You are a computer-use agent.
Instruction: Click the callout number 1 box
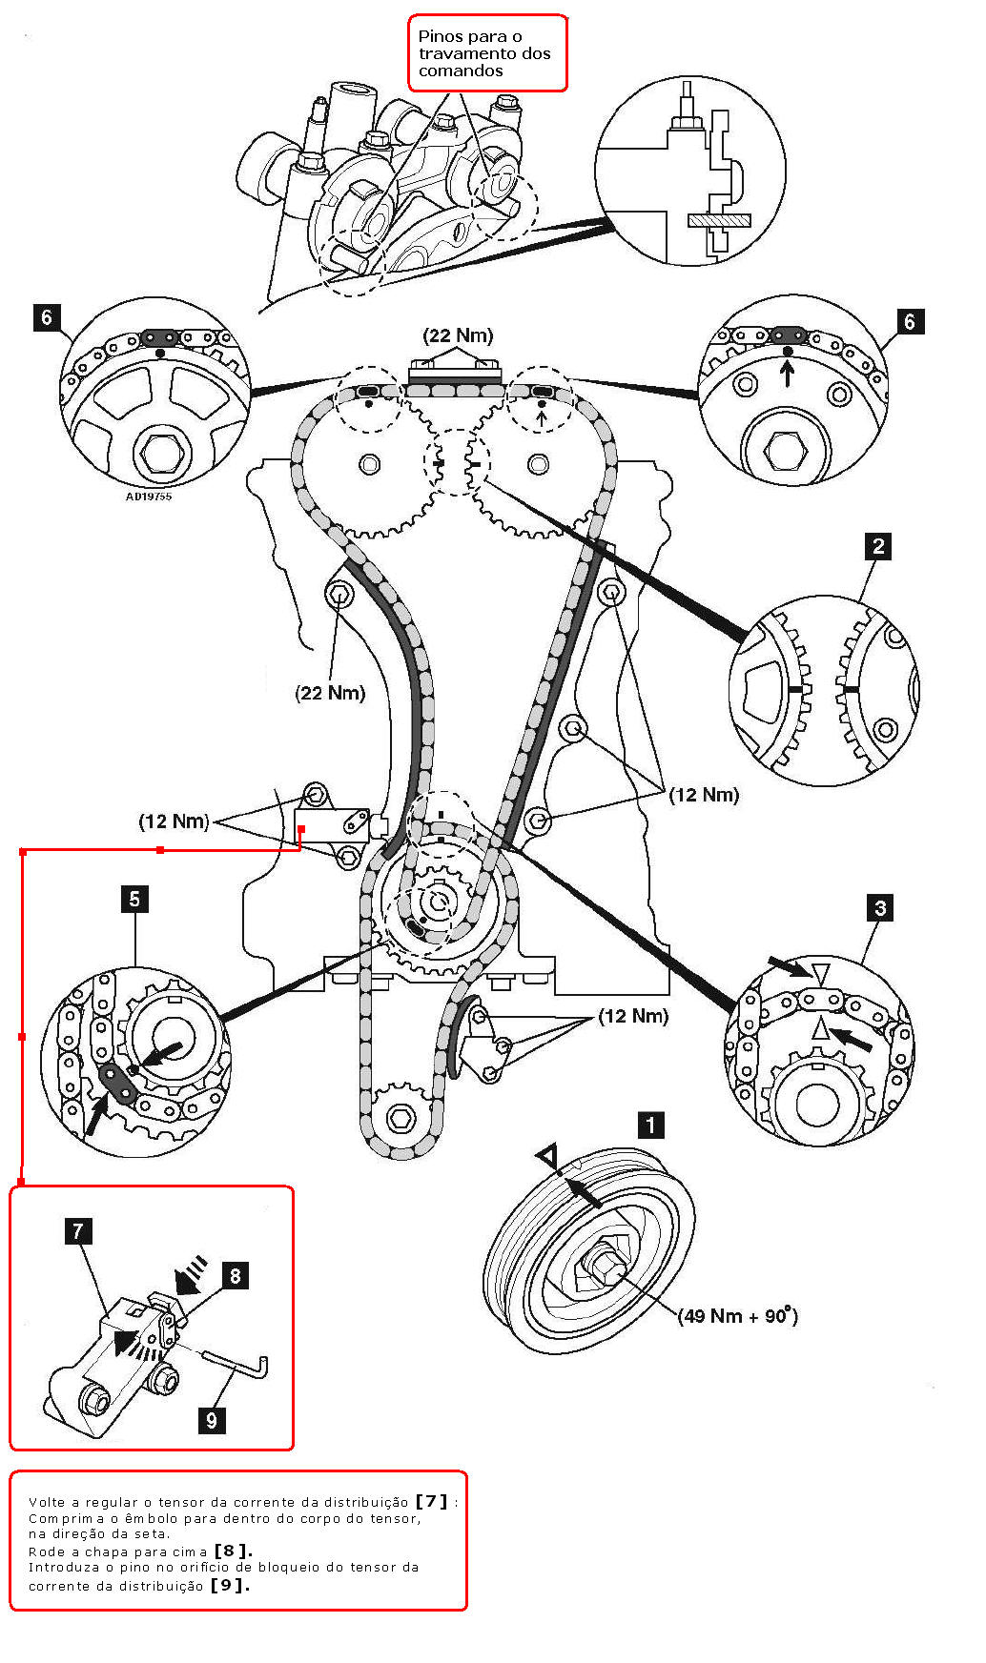pyautogui.click(x=650, y=1126)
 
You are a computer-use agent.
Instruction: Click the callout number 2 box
pyautogui.click(x=878, y=546)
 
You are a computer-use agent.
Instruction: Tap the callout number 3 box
pyautogui.click(x=880, y=908)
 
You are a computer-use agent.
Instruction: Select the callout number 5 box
pyautogui.click(x=134, y=899)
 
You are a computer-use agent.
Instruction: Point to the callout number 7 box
pyautogui.click(x=78, y=1231)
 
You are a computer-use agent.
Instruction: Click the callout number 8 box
pyautogui.click(x=235, y=1276)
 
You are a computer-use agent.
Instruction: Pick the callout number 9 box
pyautogui.click(x=212, y=1420)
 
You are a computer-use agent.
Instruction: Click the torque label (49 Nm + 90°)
pyautogui.click(x=737, y=1316)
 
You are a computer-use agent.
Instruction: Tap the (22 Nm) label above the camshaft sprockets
pyautogui.click(x=458, y=335)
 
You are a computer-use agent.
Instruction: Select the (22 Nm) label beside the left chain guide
pyautogui.click(x=330, y=693)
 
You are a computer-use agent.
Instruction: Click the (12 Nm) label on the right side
pyautogui.click(x=704, y=795)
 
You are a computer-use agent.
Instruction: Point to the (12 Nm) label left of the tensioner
pyautogui.click(x=174, y=821)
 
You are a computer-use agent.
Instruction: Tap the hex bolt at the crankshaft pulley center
pyautogui.click(x=604, y=1266)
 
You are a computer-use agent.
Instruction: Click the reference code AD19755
pyautogui.click(x=149, y=496)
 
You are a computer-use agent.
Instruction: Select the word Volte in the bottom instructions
pyautogui.click(x=48, y=1502)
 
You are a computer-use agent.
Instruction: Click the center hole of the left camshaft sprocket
pyautogui.click(x=369, y=465)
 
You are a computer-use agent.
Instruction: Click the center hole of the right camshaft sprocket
pyautogui.click(x=538, y=465)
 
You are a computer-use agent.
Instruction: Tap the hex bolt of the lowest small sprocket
pyautogui.click(x=401, y=1118)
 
